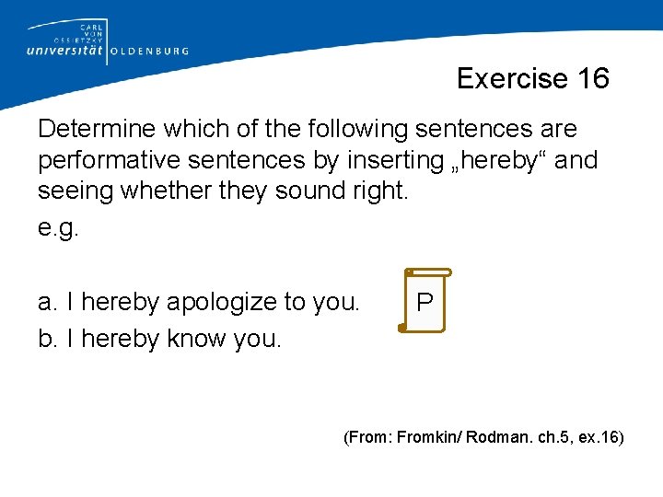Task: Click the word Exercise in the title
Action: tap(513, 79)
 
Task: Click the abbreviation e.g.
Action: tap(59, 227)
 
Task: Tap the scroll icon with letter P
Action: tap(425, 301)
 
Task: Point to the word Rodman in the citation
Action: tap(495, 436)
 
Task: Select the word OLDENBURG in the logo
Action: tap(150, 52)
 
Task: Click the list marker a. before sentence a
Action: tap(49, 302)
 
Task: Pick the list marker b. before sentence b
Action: tap(49, 339)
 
